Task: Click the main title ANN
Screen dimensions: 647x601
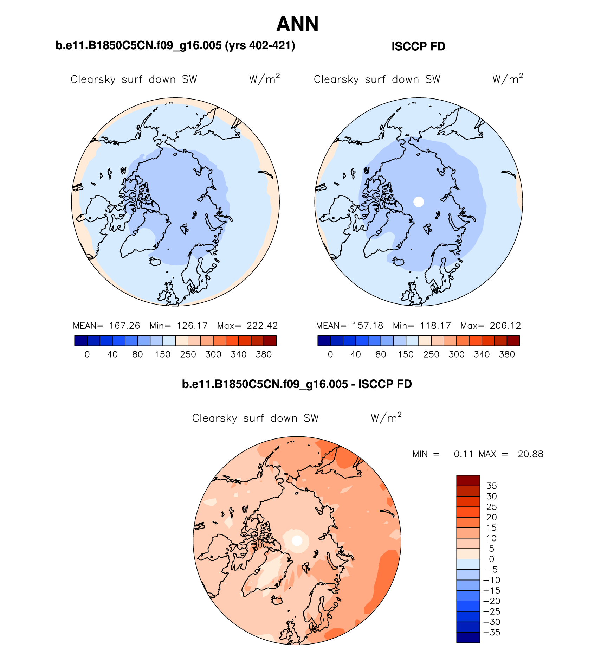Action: [x=297, y=24]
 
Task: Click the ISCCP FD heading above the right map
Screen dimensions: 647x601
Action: [x=418, y=46]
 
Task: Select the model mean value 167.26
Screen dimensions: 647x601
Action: [x=124, y=326]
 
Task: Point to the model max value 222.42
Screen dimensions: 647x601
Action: [x=262, y=326]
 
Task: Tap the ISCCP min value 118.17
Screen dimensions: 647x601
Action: [x=435, y=326]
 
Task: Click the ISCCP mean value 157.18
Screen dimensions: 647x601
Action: [x=368, y=326]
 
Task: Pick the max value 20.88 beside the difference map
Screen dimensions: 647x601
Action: [x=530, y=454]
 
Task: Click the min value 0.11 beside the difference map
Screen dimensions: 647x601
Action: [x=464, y=454]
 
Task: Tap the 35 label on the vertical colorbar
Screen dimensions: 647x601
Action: [x=491, y=486]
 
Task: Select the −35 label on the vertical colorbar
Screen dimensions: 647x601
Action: [x=492, y=632]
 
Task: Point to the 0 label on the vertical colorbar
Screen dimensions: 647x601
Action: [x=491, y=559]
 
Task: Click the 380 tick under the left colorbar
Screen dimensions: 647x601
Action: [x=264, y=354]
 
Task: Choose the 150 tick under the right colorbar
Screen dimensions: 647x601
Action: [x=406, y=354]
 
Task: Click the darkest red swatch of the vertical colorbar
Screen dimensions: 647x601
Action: [x=468, y=480]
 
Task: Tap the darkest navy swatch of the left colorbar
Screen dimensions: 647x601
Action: [x=81, y=341]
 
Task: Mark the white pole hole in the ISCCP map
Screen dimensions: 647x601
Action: [x=419, y=202]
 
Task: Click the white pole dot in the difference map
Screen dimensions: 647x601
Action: [x=297, y=540]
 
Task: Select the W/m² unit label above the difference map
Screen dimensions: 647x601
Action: [x=386, y=417]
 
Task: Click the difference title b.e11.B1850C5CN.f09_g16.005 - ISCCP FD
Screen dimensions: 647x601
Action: [x=297, y=384]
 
